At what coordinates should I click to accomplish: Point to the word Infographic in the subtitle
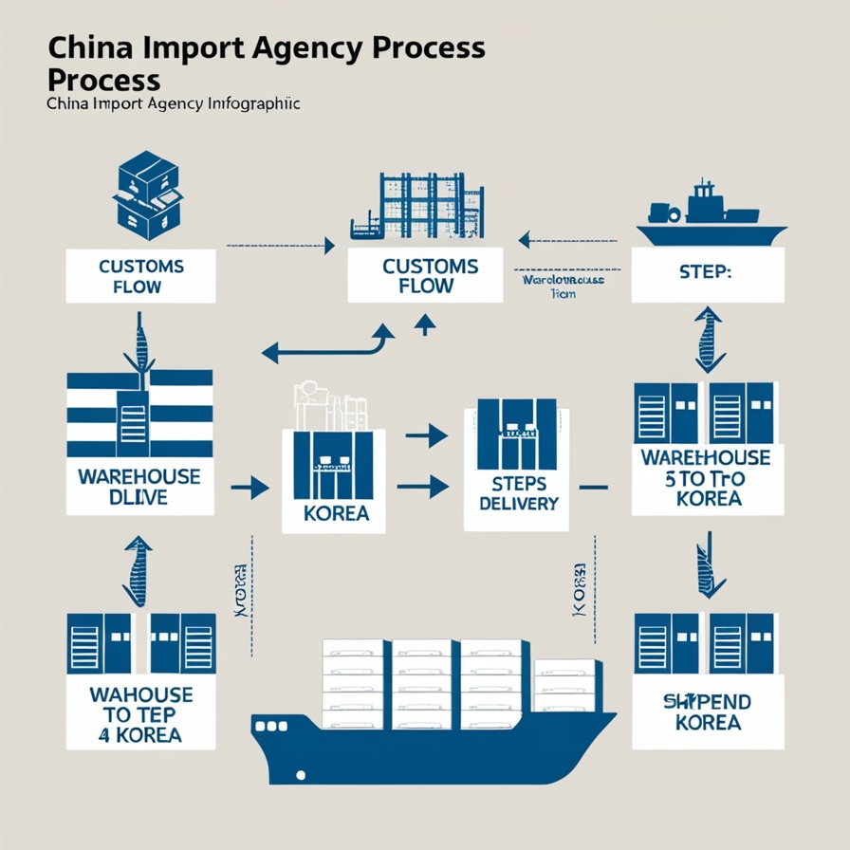(251, 103)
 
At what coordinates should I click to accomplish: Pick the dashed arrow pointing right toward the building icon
(281, 247)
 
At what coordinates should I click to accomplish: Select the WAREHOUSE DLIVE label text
(139, 485)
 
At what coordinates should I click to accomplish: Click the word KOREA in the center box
(333, 517)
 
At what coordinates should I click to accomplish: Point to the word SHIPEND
(706, 703)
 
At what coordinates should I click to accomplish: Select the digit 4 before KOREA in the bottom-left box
(103, 735)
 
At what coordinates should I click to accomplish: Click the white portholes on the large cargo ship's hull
(272, 726)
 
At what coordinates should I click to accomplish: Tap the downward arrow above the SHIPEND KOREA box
(707, 566)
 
